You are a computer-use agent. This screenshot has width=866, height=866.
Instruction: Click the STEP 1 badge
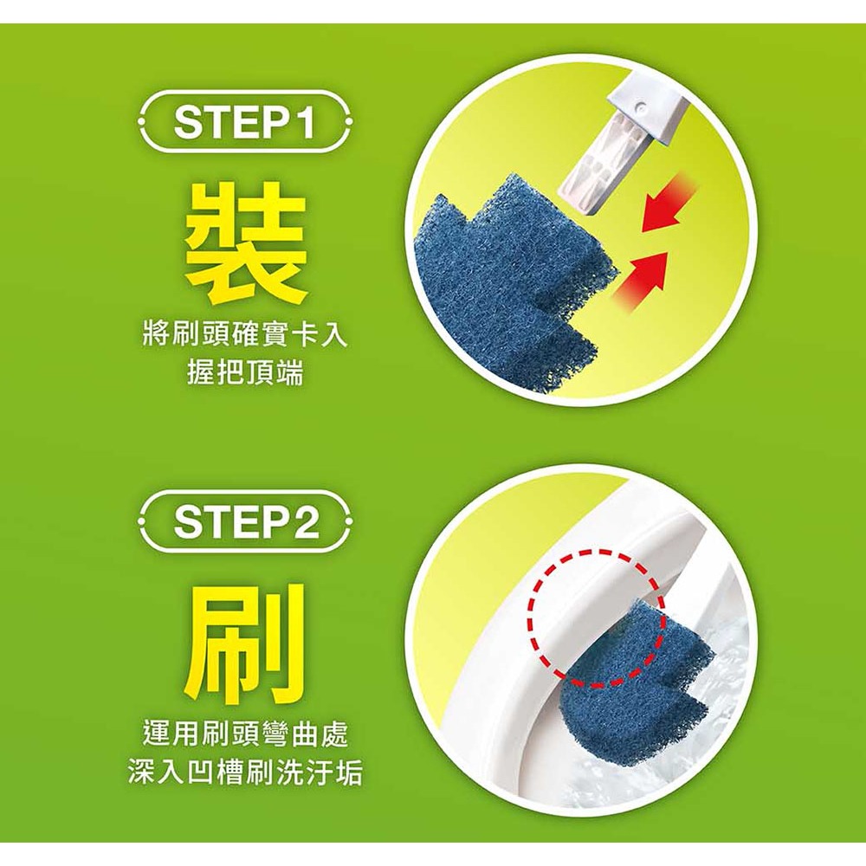point(246,122)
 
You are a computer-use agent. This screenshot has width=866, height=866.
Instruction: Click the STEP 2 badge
point(246,520)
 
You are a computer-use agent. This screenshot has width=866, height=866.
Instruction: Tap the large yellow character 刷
point(245,641)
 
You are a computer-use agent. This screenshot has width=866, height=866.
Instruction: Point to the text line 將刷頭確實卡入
point(246,335)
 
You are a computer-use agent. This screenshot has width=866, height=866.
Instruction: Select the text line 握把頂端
point(246,374)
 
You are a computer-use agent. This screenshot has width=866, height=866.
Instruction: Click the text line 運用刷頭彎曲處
point(246,734)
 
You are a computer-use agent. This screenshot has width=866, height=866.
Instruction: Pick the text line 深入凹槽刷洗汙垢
point(246,772)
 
